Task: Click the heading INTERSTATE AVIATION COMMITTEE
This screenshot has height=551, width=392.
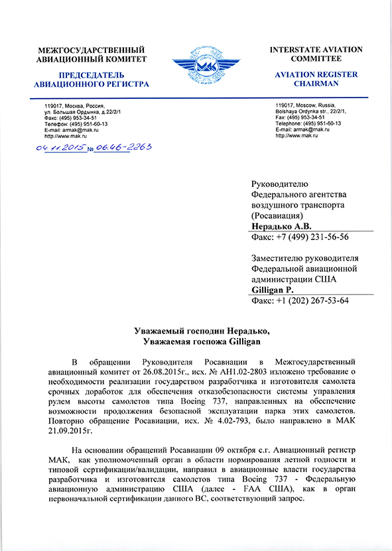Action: point(315,54)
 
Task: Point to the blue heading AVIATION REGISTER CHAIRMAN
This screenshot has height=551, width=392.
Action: point(317,79)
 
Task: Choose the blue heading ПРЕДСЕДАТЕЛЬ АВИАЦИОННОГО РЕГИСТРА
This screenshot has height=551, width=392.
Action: point(92,80)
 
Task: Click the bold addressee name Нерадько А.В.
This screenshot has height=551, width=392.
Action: point(279,226)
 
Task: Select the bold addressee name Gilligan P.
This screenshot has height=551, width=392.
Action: point(278,290)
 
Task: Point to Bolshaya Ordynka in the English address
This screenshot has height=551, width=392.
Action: point(296,111)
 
